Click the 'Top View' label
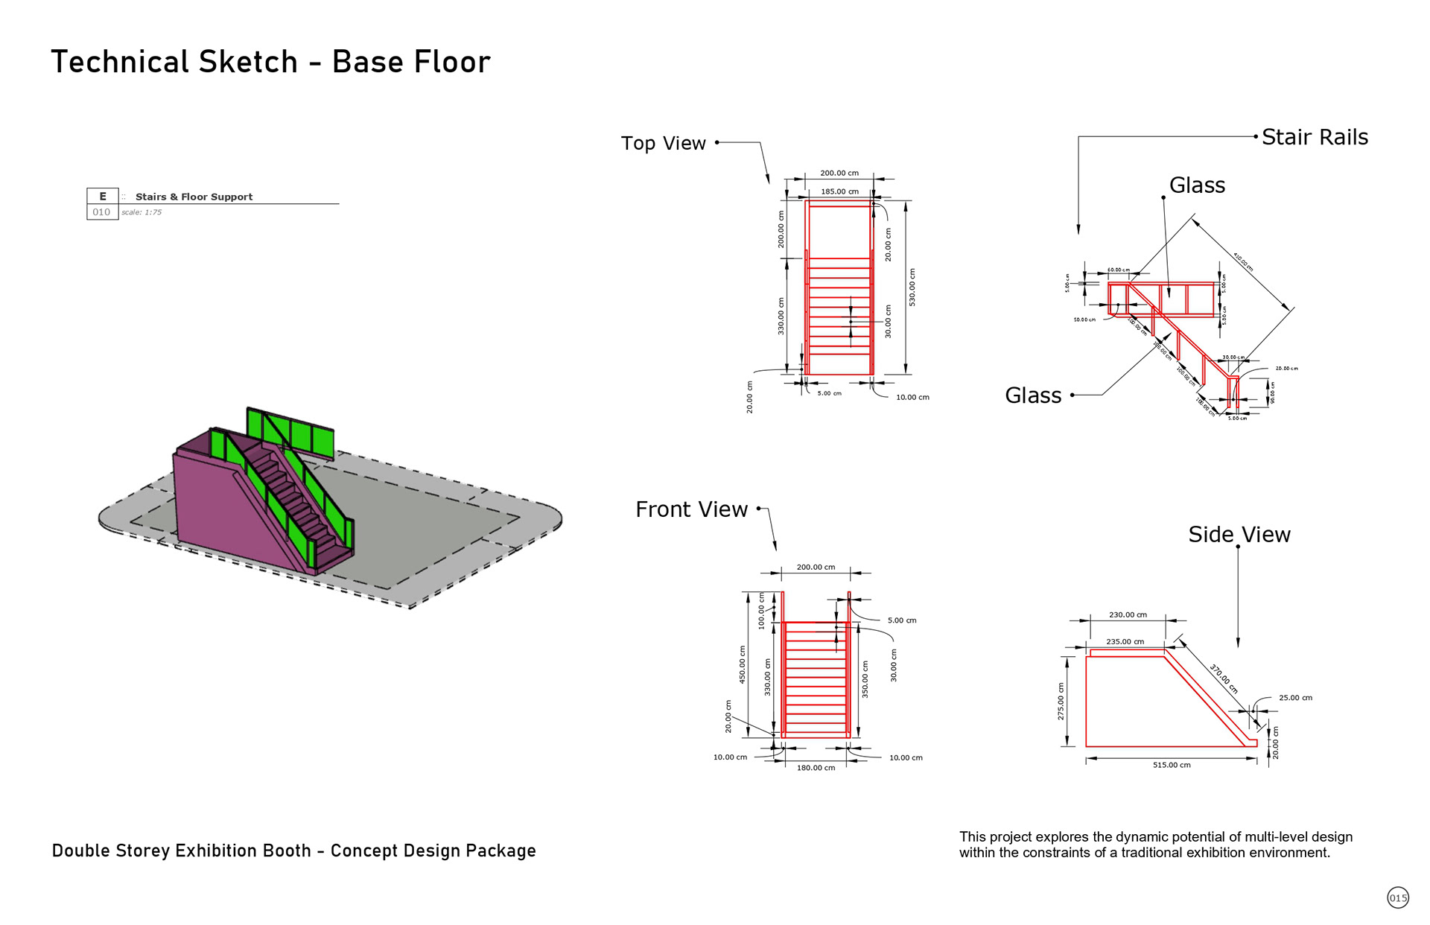click(x=663, y=143)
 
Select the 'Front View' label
click(x=691, y=509)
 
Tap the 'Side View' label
click(x=1239, y=535)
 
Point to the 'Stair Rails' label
click(x=1315, y=137)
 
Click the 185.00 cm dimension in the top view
click(x=839, y=191)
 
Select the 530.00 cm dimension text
click(x=912, y=287)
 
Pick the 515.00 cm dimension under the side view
click(x=1172, y=765)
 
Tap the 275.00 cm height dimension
click(x=1061, y=702)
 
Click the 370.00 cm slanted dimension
click(x=1223, y=678)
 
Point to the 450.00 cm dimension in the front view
click(x=743, y=664)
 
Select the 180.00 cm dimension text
click(x=816, y=768)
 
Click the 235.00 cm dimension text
click(x=1125, y=641)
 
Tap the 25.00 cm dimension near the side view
click(x=1295, y=698)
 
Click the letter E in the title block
click(x=103, y=197)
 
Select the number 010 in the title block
click(x=101, y=212)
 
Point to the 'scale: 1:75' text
click(x=142, y=212)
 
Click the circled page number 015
click(x=1398, y=897)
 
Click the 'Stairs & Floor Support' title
click(x=194, y=197)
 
